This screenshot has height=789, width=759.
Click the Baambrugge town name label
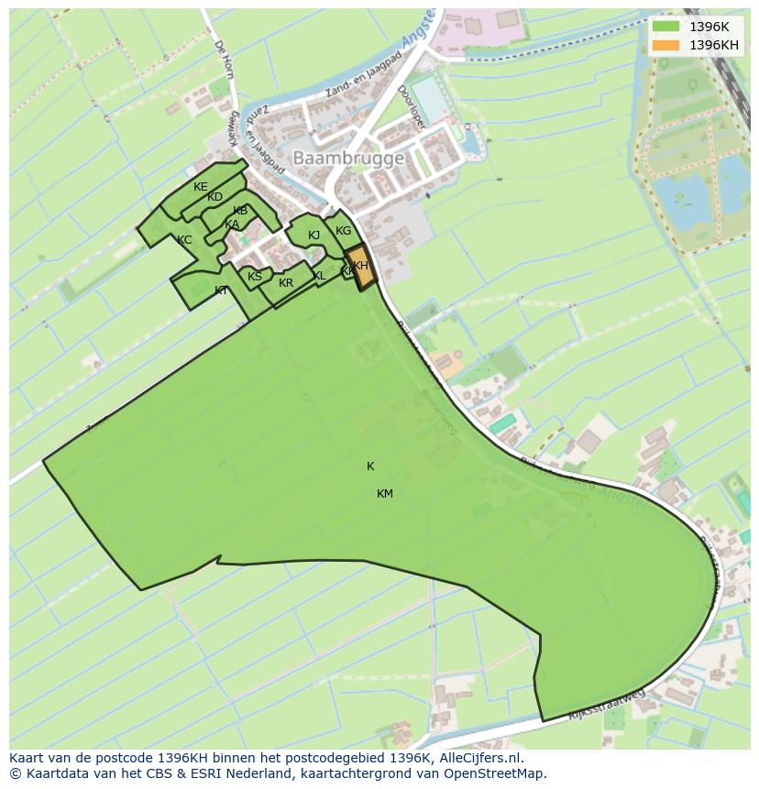[x=348, y=159]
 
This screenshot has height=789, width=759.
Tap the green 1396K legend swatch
[x=666, y=27]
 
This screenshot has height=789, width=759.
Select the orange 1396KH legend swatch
[x=666, y=45]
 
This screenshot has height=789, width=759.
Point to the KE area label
[x=201, y=187]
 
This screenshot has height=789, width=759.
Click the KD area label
[x=214, y=197]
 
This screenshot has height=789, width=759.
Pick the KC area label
[x=184, y=240]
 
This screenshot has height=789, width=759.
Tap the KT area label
[x=221, y=290]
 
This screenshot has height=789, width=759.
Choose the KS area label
[x=255, y=277]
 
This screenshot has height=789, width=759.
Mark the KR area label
[x=286, y=283]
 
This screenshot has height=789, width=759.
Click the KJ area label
[x=313, y=236]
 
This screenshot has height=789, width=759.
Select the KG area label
[x=344, y=231]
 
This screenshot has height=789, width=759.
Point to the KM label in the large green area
[x=385, y=494]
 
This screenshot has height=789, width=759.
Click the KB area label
[x=240, y=211]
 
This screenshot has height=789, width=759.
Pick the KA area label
[x=232, y=225]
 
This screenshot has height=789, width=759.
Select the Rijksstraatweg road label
[x=606, y=705]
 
